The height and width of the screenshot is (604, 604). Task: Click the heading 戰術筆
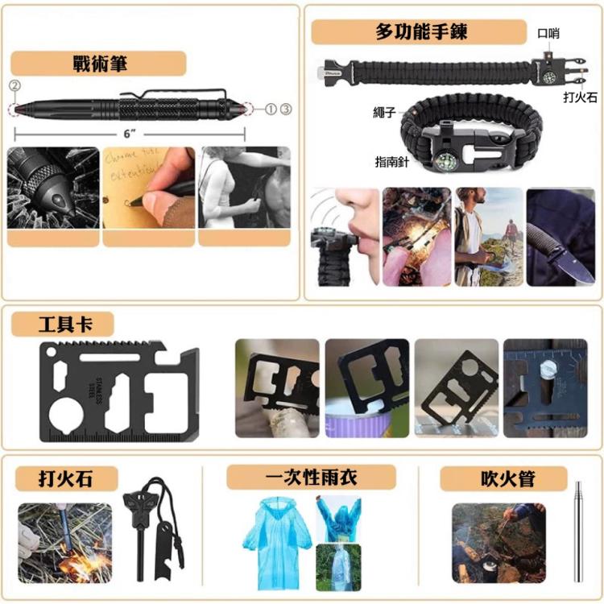click(x=100, y=64)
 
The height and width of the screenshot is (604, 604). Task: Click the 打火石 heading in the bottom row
click(x=66, y=478)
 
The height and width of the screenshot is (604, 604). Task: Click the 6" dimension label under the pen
click(x=130, y=134)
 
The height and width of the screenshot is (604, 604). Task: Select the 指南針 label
click(x=393, y=161)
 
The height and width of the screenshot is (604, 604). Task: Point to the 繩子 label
click(x=384, y=112)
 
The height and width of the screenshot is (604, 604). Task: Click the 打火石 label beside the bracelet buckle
click(x=579, y=97)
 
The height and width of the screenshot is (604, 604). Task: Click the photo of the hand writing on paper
click(x=148, y=187)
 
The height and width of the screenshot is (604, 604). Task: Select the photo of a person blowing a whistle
click(x=345, y=237)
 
